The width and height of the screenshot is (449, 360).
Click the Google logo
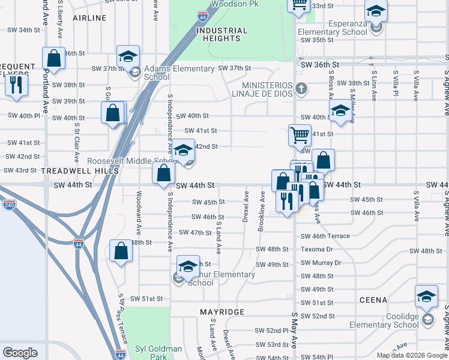coord(20,353)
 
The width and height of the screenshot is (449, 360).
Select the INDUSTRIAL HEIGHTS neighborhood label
coord(222,34)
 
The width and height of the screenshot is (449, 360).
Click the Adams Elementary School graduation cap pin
coord(128,57)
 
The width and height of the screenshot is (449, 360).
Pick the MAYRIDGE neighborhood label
coord(222,312)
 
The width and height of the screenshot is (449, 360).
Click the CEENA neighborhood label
coord(373,299)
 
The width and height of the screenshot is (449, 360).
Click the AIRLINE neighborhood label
coord(89,18)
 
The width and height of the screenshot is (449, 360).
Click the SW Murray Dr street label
coord(321,263)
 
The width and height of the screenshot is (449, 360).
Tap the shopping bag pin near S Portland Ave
coord(53,59)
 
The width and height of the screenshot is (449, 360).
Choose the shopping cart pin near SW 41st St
coord(299,134)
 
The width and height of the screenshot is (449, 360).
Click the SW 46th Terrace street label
coord(325,236)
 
